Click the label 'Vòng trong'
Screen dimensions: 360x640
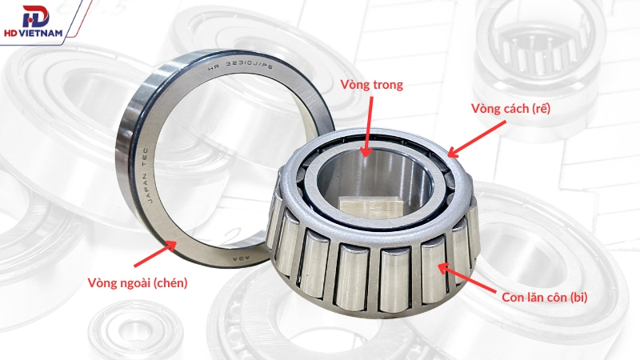pyautogui.click(x=371, y=85)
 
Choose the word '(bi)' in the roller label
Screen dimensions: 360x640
pyautogui.click(x=577, y=298)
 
